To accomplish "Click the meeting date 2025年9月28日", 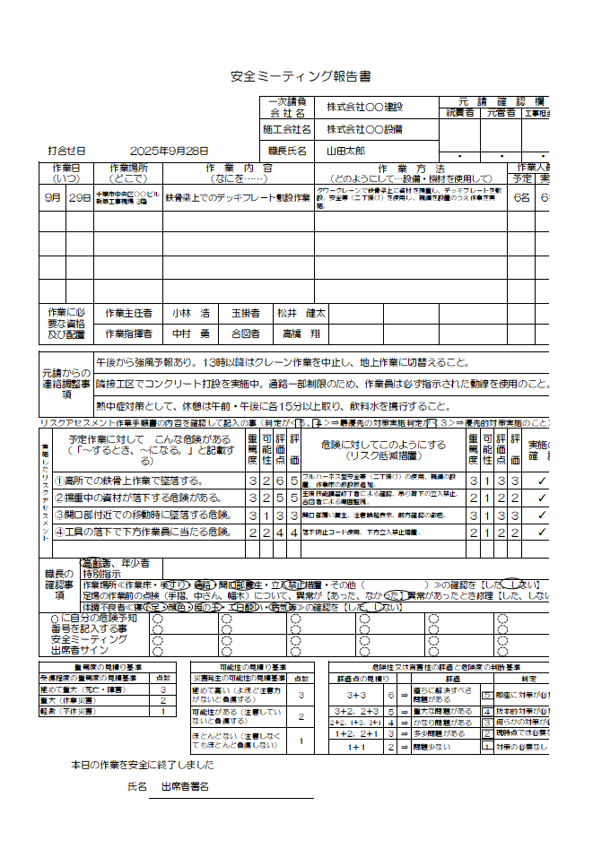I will (169, 152).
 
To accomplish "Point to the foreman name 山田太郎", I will (350, 152).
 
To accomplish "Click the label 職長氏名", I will (287, 152).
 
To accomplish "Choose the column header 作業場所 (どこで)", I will (135, 173).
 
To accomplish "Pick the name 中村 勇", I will (191, 334).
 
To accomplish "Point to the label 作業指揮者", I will (128, 334).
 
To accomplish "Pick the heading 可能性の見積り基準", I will (254, 668).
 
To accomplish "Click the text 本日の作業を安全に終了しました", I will (143, 765).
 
